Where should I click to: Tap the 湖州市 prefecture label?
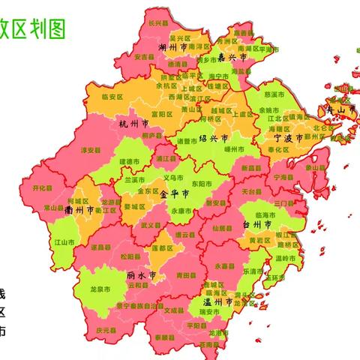point(172,47)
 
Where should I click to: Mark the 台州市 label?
point(259,224)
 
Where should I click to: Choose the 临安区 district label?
point(112,97)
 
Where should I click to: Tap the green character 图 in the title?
point(55,28)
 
